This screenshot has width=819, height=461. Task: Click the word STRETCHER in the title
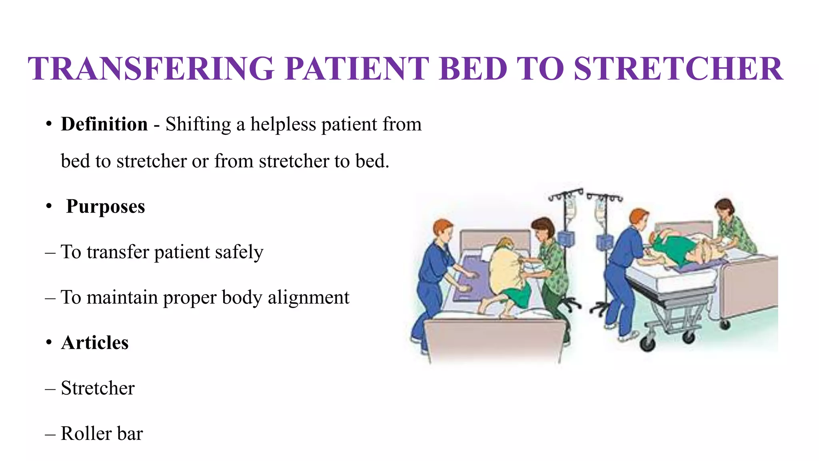[678, 68]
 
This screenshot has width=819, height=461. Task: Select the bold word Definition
[104, 124]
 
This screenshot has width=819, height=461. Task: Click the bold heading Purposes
[105, 206]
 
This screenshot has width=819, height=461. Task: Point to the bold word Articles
[95, 343]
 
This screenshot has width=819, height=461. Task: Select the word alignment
[308, 297]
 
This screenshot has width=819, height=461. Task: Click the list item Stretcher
[98, 388]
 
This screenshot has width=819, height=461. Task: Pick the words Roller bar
[102, 433]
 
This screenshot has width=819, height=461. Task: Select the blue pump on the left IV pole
[566, 239]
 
